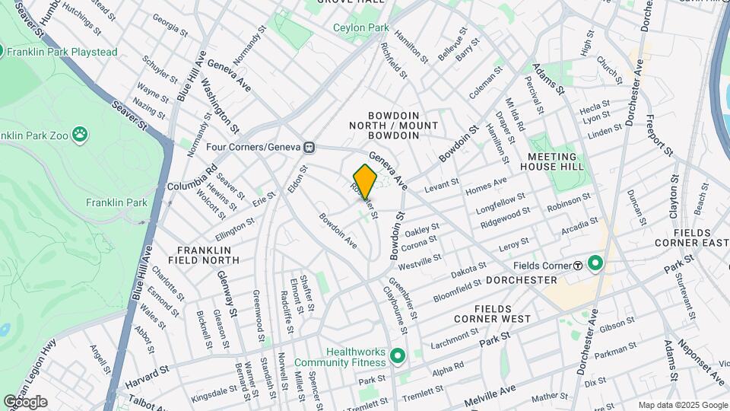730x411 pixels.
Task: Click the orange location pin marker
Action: point(365,182)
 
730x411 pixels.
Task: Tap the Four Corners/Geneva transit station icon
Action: point(309,147)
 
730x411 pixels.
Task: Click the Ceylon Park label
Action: point(361,28)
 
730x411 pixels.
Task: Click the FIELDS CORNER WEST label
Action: point(502,314)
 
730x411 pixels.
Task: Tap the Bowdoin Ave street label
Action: point(338,230)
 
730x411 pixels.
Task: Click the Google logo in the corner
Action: point(24,402)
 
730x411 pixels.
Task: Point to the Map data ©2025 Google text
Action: point(681,405)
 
